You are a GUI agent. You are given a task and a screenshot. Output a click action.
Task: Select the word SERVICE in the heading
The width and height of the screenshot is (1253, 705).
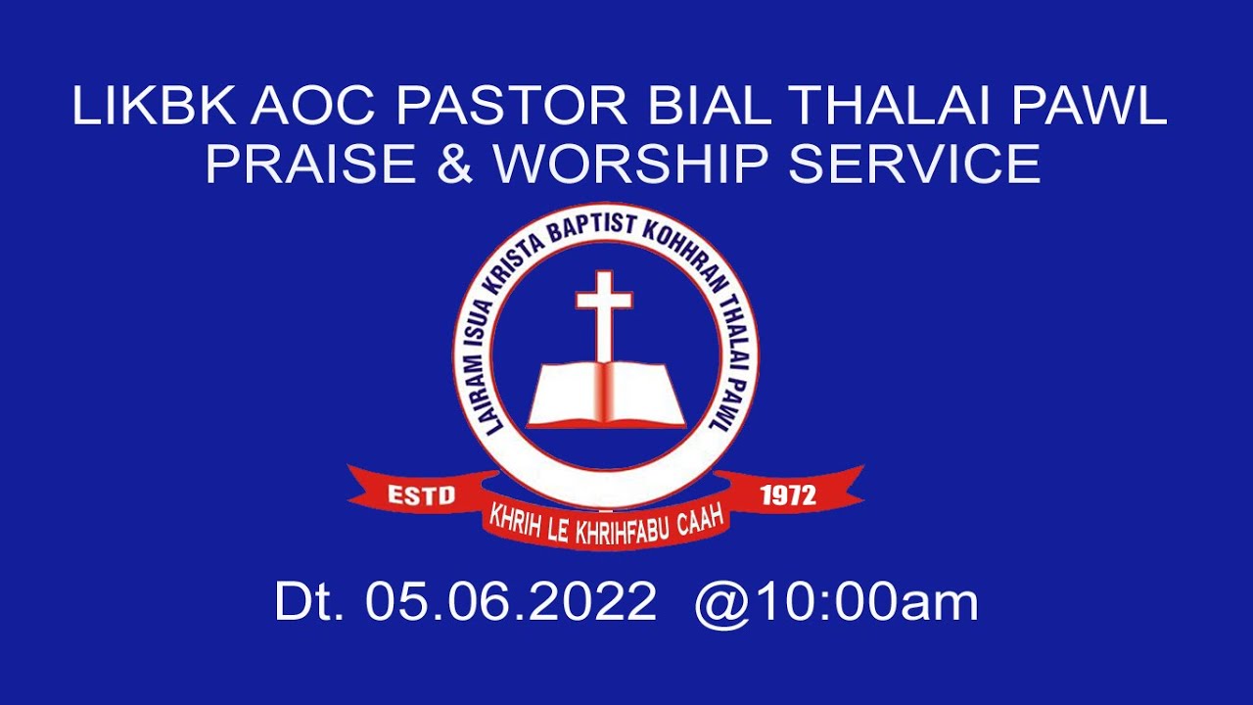pos(914,164)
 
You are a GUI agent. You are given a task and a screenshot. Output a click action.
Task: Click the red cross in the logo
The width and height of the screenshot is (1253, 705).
pos(604,313)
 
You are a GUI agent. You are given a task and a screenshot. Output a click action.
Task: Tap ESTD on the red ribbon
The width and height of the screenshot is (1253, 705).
pos(422,495)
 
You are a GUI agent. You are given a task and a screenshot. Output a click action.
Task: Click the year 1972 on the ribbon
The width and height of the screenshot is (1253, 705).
pos(788,495)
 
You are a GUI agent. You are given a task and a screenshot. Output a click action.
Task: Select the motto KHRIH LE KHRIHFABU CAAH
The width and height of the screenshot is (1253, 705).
pos(607,522)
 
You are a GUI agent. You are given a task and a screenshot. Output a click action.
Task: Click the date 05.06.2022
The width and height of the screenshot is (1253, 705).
pos(510,602)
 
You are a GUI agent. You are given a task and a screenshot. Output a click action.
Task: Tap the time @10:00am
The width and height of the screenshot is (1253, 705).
pos(836,602)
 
